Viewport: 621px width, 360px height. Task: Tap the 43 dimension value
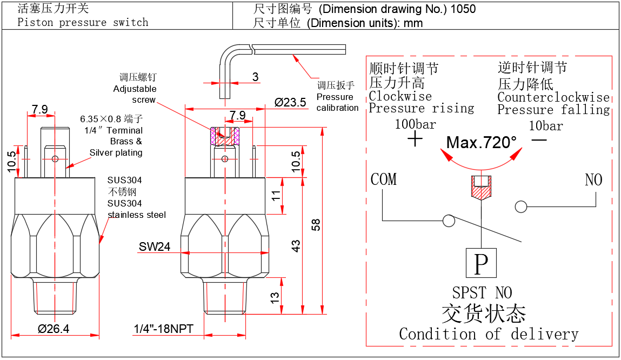(x=296, y=246)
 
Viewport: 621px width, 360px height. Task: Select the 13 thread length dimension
(x=275, y=296)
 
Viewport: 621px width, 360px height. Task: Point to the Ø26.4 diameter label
(x=54, y=328)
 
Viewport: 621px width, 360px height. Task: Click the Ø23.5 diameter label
(x=290, y=102)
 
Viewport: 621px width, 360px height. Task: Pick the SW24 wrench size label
(x=155, y=246)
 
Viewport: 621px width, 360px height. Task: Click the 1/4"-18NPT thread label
(x=163, y=329)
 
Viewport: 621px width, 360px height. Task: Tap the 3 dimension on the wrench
(x=255, y=76)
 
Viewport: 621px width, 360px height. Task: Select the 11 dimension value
(x=275, y=196)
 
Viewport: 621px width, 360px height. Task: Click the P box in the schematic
(x=480, y=264)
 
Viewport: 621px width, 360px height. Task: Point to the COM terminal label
(x=384, y=179)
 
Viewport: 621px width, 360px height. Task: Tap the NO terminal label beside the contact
(x=593, y=179)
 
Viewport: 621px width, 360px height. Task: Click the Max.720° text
(x=482, y=143)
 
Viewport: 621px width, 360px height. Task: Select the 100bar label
(x=415, y=124)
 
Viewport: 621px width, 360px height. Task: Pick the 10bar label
(x=546, y=126)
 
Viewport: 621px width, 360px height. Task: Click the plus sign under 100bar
(x=415, y=140)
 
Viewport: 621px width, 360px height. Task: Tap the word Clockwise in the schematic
(x=400, y=97)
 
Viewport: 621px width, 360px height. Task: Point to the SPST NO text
(x=482, y=293)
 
